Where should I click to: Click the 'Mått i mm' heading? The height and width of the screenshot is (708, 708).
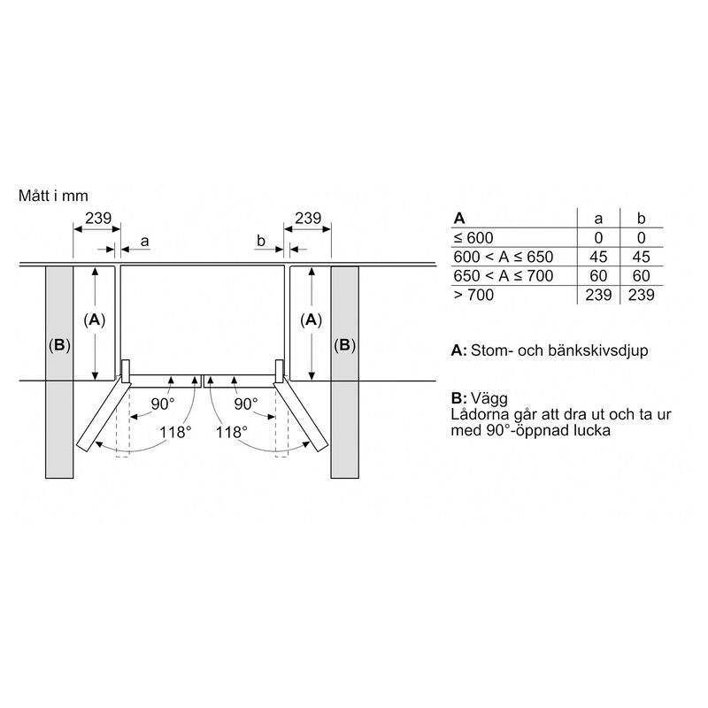pyautogui.click(x=53, y=196)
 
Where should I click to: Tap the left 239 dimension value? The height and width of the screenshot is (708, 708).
pyautogui.click(x=98, y=218)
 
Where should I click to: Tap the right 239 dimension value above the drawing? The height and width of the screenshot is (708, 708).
pyautogui.click(x=308, y=218)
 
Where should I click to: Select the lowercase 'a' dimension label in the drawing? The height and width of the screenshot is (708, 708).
pyautogui.click(x=144, y=242)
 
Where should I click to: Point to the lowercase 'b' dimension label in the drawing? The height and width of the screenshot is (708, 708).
pyautogui.click(x=260, y=241)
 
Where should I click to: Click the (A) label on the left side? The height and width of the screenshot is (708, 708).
pyautogui.click(x=95, y=319)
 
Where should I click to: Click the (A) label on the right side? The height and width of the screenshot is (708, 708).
pyautogui.click(x=312, y=319)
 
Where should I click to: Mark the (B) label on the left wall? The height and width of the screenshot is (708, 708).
pyautogui.click(x=59, y=345)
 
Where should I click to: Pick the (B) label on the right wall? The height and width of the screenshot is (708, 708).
pyautogui.click(x=344, y=345)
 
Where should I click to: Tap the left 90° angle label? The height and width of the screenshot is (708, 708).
pyautogui.click(x=163, y=404)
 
